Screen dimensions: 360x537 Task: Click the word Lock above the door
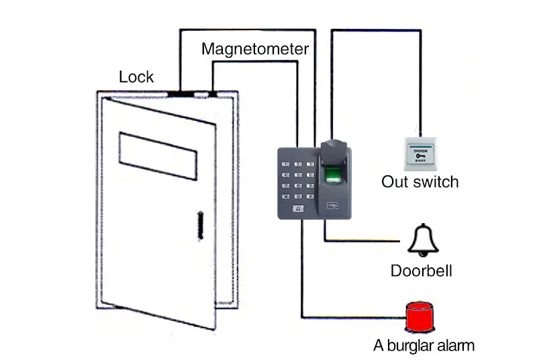[x=136, y=77]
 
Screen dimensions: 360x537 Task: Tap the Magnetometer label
[x=255, y=49]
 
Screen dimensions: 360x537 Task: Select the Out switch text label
[x=420, y=181]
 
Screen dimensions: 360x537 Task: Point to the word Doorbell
[x=422, y=271]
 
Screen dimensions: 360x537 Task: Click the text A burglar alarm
[x=424, y=346]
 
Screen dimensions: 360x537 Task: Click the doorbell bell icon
[x=422, y=240]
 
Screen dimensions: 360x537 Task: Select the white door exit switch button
[x=421, y=154]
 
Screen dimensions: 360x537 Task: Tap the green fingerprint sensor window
[x=333, y=177]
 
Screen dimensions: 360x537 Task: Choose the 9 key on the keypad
[x=311, y=185]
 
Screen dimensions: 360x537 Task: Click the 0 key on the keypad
[x=298, y=196]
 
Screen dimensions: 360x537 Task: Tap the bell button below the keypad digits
[x=298, y=208]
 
